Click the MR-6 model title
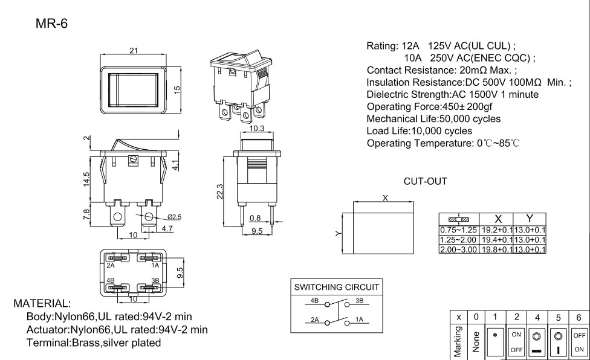(53, 24)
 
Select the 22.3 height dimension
(219, 190)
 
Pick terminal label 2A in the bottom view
(111, 265)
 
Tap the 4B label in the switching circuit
(314, 300)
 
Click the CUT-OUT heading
(425, 181)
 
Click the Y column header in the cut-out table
(530, 219)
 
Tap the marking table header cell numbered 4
(537, 317)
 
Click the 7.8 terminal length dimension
(87, 213)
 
